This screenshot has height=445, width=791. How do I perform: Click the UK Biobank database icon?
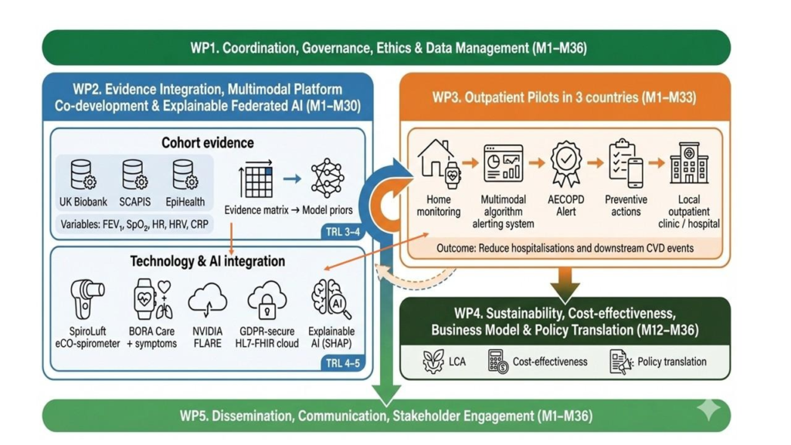click(83, 175)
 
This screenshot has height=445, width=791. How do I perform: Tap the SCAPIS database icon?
click(134, 175)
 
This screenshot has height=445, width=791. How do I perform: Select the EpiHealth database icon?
click(185, 175)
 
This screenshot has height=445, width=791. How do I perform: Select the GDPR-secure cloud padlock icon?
click(267, 303)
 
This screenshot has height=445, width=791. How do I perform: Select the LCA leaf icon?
click(433, 362)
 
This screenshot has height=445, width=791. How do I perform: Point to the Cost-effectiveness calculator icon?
click(498, 362)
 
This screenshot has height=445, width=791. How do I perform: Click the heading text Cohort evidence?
click(207, 143)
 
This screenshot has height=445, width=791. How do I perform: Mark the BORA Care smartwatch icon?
click(147, 301)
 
